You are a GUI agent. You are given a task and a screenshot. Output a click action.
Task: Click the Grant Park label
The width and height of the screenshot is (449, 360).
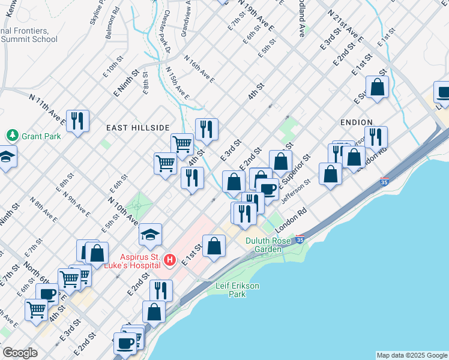pyautogui.click(x=41, y=136)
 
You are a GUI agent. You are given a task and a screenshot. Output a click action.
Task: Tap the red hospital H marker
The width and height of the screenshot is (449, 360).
pyautogui.click(x=170, y=260)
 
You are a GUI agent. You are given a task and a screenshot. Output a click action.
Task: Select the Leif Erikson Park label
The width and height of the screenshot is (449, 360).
pyautogui.click(x=238, y=290)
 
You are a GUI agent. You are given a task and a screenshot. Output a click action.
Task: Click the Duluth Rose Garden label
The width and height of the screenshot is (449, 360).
pyautogui.click(x=268, y=245)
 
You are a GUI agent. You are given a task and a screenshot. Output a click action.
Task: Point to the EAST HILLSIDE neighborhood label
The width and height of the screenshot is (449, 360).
pyautogui.click(x=137, y=128)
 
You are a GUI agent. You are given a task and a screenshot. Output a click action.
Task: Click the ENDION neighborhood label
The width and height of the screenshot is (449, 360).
pyautogui.click(x=356, y=122)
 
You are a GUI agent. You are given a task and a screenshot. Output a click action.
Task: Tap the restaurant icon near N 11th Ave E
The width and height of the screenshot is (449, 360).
pyautogui.click(x=77, y=121)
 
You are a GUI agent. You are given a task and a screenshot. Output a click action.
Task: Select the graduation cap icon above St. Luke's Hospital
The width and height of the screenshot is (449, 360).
pyautogui.click(x=151, y=235)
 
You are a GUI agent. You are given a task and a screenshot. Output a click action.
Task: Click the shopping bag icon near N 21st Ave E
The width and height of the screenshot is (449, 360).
pyautogui.click(x=377, y=88)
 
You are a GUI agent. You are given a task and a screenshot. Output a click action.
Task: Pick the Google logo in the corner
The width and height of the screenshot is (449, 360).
pyautogui.click(x=20, y=353)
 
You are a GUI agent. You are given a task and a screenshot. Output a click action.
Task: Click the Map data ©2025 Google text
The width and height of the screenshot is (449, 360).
pyautogui.click(x=412, y=355)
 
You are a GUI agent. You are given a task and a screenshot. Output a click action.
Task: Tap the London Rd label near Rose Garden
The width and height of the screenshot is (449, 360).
pyautogui.click(x=291, y=221)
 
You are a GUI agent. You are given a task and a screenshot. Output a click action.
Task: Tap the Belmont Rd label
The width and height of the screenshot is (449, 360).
pyautogui.click(x=113, y=23)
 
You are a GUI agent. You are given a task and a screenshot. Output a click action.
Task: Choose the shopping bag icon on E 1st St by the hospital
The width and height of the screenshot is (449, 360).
pyautogui.click(x=214, y=246)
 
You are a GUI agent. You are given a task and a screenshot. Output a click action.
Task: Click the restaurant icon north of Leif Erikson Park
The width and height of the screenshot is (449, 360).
pyautogui.click(x=161, y=290)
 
